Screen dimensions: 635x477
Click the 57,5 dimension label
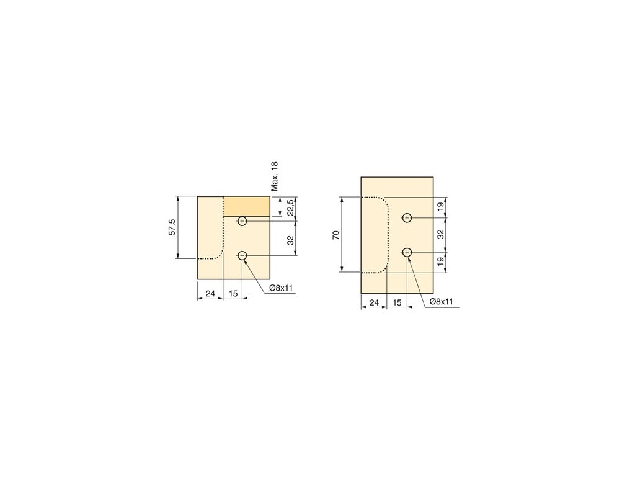point(172,227)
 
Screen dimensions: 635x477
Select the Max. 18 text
point(275,176)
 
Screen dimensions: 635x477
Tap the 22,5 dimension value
point(290,207)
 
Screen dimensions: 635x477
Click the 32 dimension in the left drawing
point(290,240)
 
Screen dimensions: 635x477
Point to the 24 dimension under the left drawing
point(210,293)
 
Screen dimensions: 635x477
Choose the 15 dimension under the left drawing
point(233,293)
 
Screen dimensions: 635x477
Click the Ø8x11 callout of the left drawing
point(281,288)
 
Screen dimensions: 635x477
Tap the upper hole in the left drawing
point(242,221)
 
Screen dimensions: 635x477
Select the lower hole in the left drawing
point(242,255)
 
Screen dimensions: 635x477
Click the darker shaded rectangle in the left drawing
point(247,206)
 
